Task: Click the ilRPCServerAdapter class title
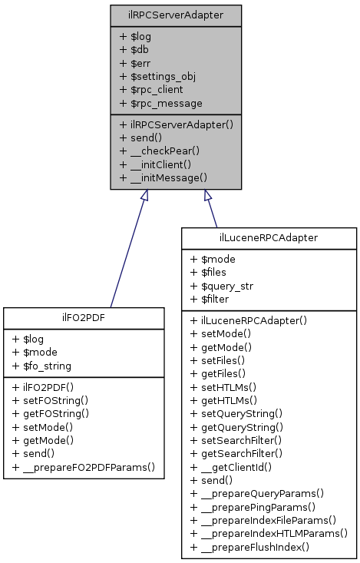coord(176,15)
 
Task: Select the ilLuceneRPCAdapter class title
coord(269,238)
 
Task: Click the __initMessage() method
coord(163,177)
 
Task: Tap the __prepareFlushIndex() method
coord(249,547)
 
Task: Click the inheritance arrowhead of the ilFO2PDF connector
coord(145,196)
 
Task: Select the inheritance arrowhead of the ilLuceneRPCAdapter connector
coord(206,196)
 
